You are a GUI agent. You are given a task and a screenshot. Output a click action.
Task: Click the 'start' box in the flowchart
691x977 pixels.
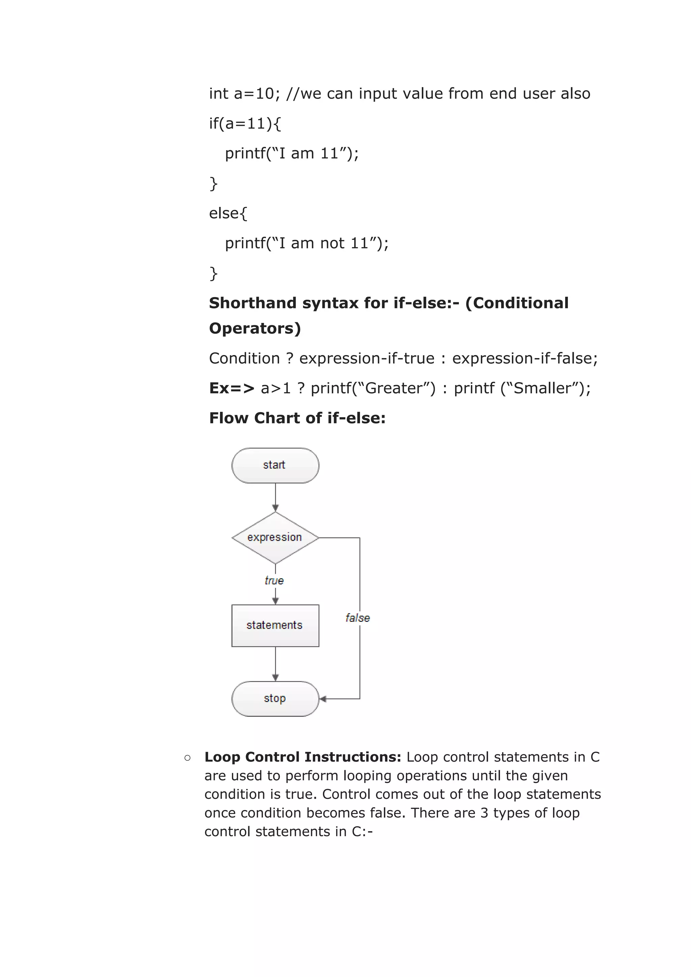[275, 465]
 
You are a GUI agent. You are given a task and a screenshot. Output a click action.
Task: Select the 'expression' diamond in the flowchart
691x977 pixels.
[275, 538]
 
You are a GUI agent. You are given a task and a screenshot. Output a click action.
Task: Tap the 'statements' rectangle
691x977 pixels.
[275, 625]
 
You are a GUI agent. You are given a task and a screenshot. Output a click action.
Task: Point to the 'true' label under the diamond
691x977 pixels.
[274, 581]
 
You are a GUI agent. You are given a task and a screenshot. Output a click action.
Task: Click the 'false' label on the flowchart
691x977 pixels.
[357, 618]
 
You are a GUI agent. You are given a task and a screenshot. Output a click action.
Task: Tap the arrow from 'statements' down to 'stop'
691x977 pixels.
[275, 663]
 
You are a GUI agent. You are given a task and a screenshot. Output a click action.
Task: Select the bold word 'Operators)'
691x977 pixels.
[255, 328]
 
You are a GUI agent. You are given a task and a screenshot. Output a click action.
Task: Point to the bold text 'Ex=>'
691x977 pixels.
[231, 388]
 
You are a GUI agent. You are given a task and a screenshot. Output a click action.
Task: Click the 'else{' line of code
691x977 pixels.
[228, 213]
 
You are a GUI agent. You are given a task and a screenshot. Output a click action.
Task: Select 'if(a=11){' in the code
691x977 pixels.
[245, 124]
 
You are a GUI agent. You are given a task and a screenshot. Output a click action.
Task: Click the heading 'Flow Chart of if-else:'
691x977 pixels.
[297, 418]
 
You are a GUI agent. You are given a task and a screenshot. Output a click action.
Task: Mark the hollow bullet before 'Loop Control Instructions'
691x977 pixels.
[187, 757]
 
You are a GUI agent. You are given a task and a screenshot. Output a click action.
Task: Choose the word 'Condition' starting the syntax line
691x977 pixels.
[244, 358]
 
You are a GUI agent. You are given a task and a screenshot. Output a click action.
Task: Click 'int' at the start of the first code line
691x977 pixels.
[219, 93]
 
